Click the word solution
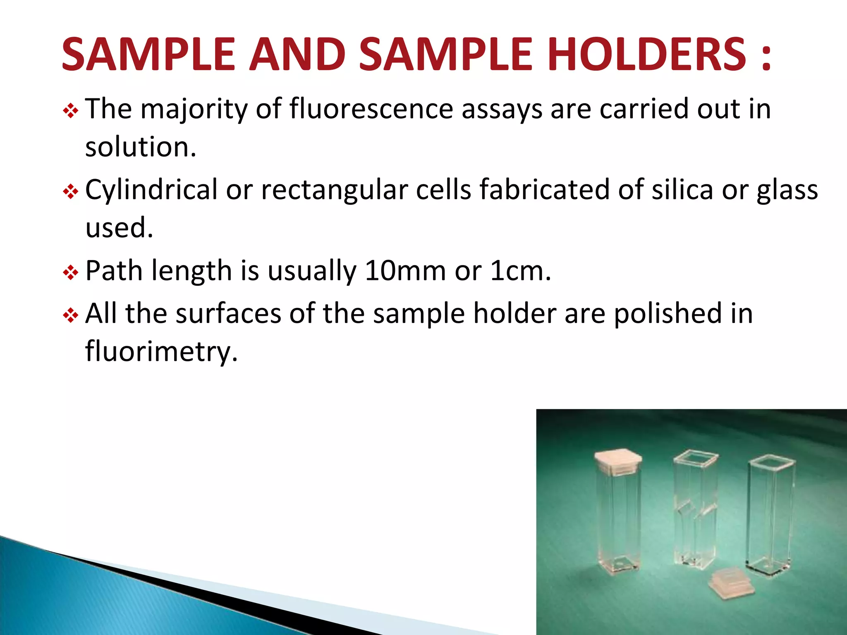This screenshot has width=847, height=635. (141, 147)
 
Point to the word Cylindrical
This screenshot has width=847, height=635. (151, 190)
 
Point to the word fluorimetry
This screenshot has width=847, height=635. (161, 352)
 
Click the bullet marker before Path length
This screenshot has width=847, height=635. (70, 273)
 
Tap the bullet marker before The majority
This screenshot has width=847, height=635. (70, 111)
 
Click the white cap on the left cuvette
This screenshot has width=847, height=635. (618, 461)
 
